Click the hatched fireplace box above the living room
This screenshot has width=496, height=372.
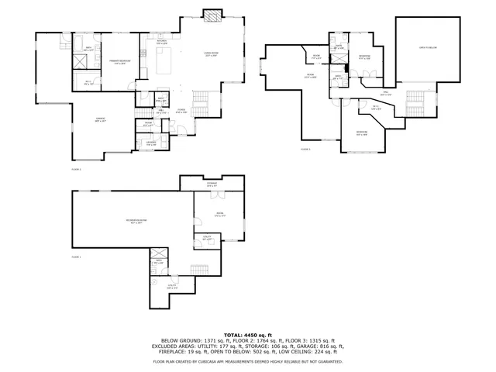[x=211, y=15]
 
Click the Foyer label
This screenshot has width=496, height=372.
[x=180, y=112]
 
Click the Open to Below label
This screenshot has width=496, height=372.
[x=428, y=48]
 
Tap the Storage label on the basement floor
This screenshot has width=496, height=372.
[x=212, y=184]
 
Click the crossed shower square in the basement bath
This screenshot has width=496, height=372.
[x=158, y=253]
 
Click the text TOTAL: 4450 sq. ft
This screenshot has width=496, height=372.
[x=247, y=334]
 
